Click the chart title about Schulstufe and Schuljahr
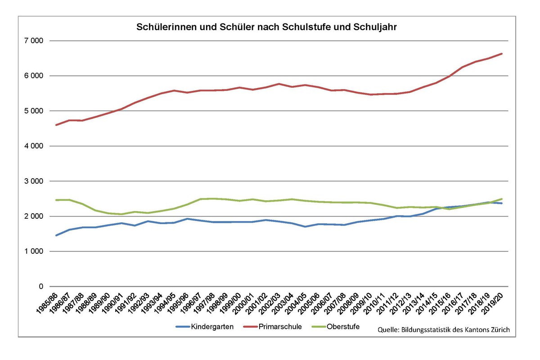(266, 27)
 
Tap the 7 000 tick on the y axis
(34, 41)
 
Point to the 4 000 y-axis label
(34, 146)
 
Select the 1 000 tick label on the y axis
(34, 252)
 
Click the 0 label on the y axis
(40, 287)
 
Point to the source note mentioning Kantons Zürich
(443, 330)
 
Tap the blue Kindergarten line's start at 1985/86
(56, 235)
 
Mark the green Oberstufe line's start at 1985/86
(56, 200)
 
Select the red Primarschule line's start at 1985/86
(56, 125)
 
